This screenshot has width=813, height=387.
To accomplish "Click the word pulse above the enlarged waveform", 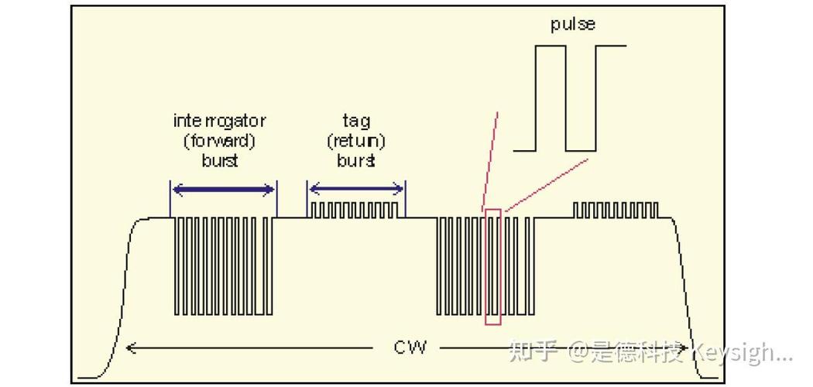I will (x=573, y=24).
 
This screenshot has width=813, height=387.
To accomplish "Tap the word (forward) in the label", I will (x=219, y=141).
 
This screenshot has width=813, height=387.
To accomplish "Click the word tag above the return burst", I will (x=356, y=121).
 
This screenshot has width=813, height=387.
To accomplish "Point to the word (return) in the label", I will (x=356, y=141).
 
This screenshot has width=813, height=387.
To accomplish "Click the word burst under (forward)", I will (x=219, y=161).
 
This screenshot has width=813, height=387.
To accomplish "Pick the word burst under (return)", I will (x=356, y=161).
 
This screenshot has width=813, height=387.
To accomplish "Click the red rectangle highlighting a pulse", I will (x=492, y=267).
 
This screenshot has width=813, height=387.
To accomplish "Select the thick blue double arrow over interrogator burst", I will (x=223, y=189).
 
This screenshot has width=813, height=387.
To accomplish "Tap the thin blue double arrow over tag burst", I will (x=356, y=189).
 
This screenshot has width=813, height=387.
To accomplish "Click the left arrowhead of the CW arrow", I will (x=130, y=348).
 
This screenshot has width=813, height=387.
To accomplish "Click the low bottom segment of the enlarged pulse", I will (x=581, y=150).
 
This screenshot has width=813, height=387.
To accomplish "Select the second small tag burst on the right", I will (x=615, y=210).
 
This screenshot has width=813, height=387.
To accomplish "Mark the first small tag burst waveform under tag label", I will (x=356, y=210).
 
